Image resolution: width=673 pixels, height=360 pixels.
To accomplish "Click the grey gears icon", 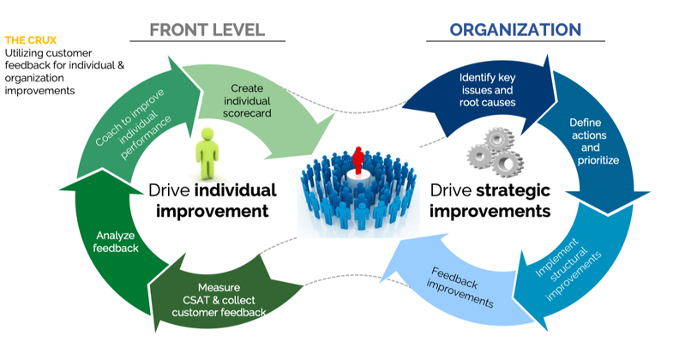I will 496,154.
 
